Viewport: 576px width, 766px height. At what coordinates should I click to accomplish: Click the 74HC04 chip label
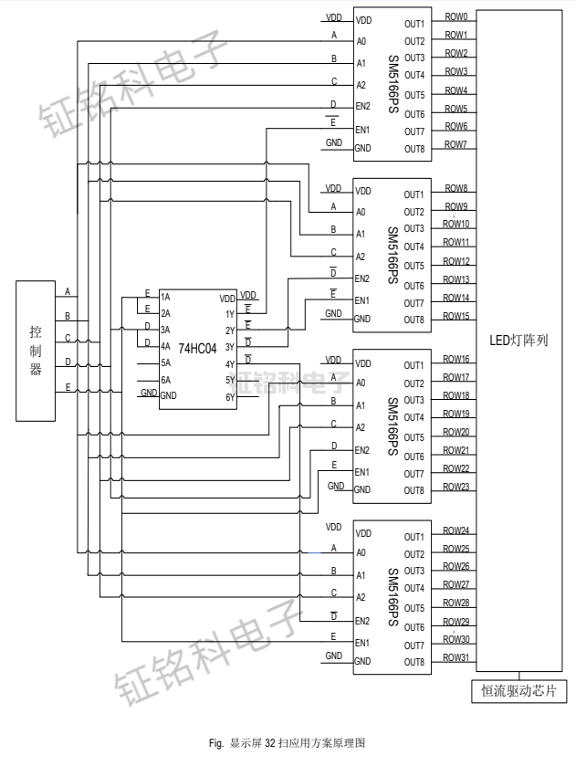197,349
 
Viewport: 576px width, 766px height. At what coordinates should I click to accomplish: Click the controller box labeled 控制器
36,350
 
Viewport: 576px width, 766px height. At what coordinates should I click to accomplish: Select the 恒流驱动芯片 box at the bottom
518,691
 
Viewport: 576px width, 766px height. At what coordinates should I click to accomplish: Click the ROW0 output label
456,17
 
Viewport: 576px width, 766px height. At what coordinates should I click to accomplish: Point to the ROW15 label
456,316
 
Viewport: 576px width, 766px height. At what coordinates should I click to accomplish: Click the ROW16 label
456,360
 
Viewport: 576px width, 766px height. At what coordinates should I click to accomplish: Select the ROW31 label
456,657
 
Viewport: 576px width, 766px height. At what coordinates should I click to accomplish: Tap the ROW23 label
456,487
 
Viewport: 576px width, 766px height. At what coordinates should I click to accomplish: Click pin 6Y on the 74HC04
229,396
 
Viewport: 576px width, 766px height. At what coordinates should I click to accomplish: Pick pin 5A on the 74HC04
166,362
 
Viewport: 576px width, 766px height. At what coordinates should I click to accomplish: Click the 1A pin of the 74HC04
165,298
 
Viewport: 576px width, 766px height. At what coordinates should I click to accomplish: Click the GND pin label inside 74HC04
169,396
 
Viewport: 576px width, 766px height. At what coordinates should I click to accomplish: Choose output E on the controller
67,386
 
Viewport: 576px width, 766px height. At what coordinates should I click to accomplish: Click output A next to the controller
67,291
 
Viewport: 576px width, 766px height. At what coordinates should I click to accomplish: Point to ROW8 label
456,188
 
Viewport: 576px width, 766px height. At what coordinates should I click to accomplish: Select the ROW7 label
456,144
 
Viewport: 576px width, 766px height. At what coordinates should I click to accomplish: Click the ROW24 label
456,530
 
